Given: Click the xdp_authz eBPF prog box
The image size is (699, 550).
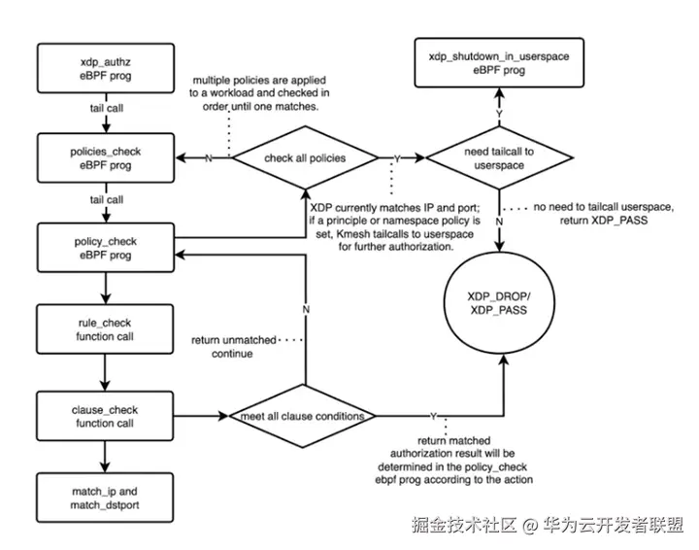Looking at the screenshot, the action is click(106, 68).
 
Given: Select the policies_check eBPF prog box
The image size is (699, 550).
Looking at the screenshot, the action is click(106, 158).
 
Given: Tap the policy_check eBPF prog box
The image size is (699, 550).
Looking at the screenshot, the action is click(106, 248).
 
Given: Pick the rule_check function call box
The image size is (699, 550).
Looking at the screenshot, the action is click(105, 329).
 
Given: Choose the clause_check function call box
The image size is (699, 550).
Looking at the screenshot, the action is click(105, 416).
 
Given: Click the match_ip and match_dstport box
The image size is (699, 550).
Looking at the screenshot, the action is click(105, 498).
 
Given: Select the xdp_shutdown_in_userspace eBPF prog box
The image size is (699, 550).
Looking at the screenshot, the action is click(499, 63).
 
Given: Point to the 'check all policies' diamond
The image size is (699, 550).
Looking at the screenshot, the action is click(305, 158).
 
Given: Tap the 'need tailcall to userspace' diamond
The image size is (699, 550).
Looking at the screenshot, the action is click(499, 158).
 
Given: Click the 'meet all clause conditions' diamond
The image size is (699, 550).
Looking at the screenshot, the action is click(303, 416).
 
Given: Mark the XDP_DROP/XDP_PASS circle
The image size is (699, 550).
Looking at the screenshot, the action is click(499, 303).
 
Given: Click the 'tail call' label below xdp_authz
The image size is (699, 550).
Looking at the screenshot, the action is click(107, 109).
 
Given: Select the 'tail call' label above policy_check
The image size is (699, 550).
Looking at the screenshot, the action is click(107, 200).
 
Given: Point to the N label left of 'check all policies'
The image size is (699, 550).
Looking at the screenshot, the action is click(208, 158).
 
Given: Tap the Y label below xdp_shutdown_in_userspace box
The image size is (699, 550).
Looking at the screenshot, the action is click(499, 115).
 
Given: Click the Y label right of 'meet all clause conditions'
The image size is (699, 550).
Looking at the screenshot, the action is click(433, 417).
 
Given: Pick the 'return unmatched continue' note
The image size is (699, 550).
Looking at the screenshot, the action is click(234, 347).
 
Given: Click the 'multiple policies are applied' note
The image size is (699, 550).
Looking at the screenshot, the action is click(259, 93).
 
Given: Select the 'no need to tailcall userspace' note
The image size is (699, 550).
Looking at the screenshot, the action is click(604, 214).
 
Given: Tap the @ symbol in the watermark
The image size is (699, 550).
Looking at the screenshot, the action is click(530, 526).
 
